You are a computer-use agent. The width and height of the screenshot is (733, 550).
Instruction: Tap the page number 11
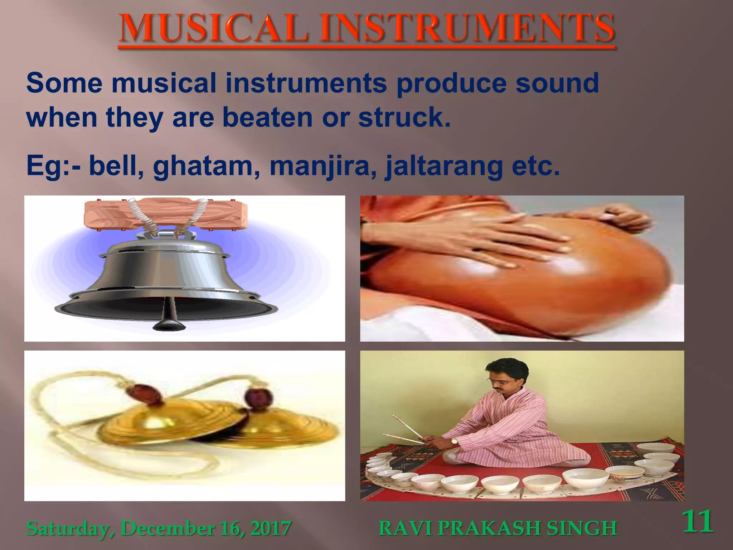click(x=698, y=522)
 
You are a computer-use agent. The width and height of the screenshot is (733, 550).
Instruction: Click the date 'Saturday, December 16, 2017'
click(x=159, y=529)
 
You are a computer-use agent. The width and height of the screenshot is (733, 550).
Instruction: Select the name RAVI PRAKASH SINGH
click(x=497, y=529)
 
